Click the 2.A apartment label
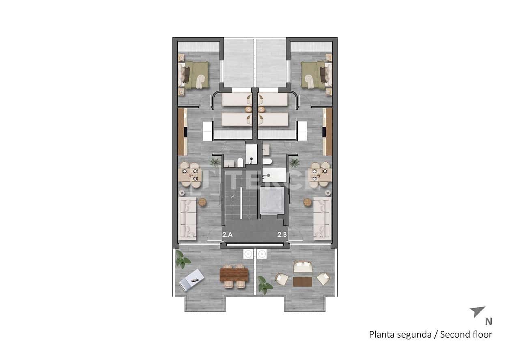pos(227,234)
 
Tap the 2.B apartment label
pos(282,234)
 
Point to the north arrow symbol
pos(477,311)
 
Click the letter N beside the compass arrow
pos(488,322)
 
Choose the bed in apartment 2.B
pos(315,75)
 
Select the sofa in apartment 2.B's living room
pos(323,218)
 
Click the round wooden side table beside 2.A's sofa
pos(202,202)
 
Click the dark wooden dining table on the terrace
pos(234,275)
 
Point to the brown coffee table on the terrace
pos(302,281)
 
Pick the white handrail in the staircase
pos(241,203)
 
